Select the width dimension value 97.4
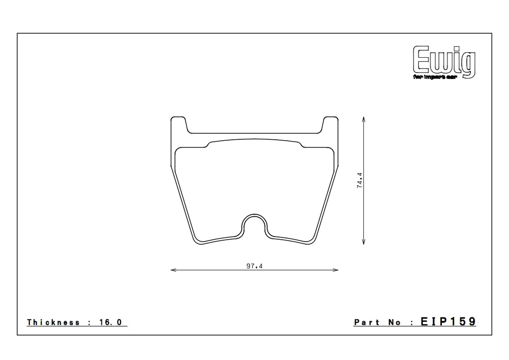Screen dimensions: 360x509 [254, 266]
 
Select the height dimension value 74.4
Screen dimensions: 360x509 [359, 180]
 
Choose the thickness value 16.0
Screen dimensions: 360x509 [113, 322]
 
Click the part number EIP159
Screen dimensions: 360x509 [448, 322]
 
